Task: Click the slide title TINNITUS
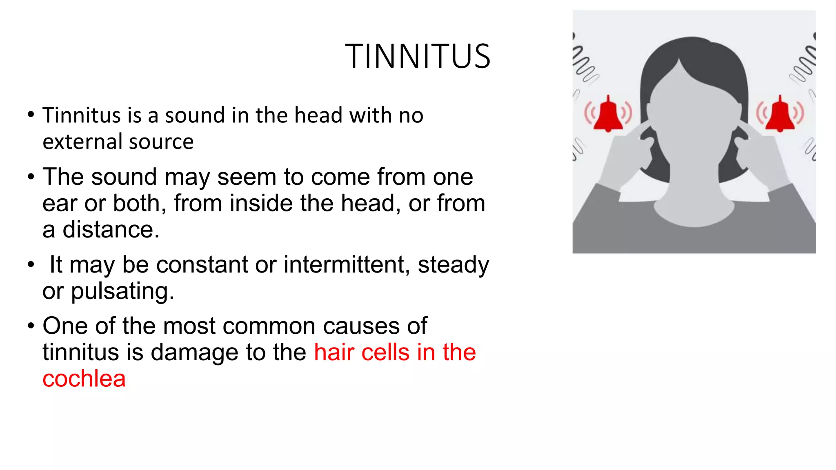pyautogui.click(x=417, y=56)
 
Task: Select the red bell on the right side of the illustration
pyautogui.click(x=780, y=115)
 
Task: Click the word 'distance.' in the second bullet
pyautogui.click(x=111, y=230)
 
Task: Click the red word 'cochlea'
pyautogui.click(x=84, y=379)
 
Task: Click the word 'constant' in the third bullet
pyautogui.click(x=202, y=265)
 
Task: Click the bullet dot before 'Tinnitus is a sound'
pyautogui.click(x=31, y=115)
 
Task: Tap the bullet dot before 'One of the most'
pyautogui.click(x=31, y=326)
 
